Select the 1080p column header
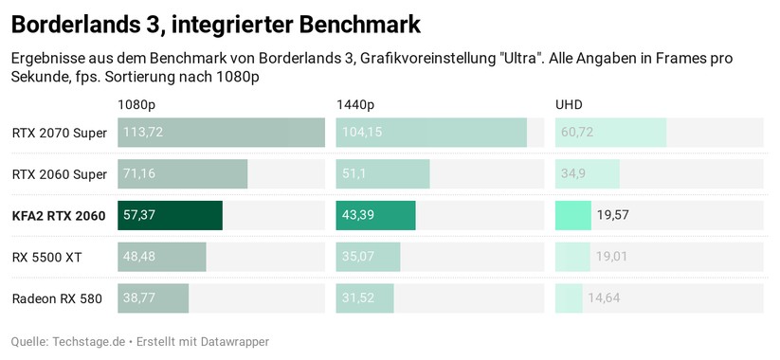136,103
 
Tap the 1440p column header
354,103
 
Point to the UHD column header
569,103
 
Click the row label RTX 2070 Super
59,133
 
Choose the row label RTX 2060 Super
59,174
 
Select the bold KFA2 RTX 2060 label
58,216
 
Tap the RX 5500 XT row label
46,257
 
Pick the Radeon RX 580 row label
57,298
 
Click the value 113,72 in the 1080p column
143,133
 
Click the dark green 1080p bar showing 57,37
170,216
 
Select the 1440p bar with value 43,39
375,216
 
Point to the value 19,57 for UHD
613,216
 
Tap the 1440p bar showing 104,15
431,133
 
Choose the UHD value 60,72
577,133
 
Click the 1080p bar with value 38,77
153,298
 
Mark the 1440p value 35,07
358,257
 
